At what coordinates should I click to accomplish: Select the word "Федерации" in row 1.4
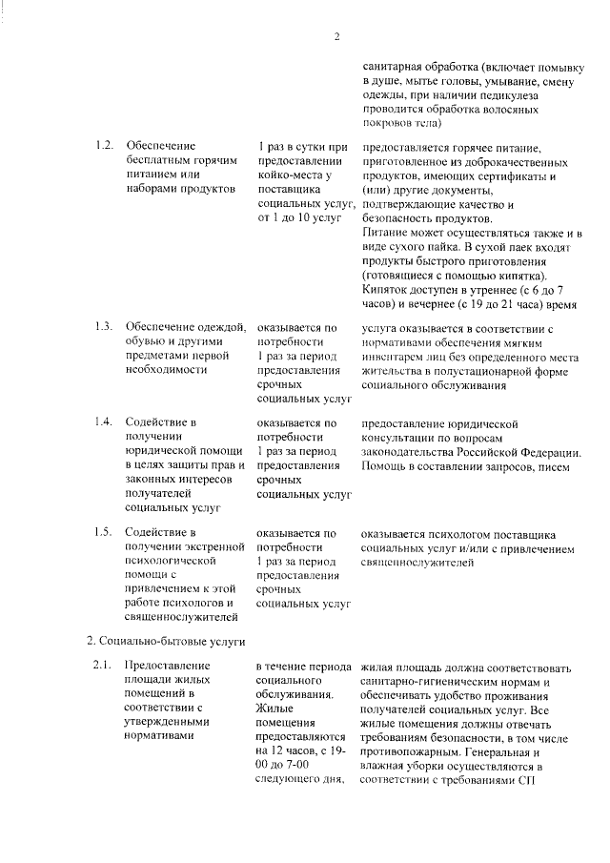tap(539, 451)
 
